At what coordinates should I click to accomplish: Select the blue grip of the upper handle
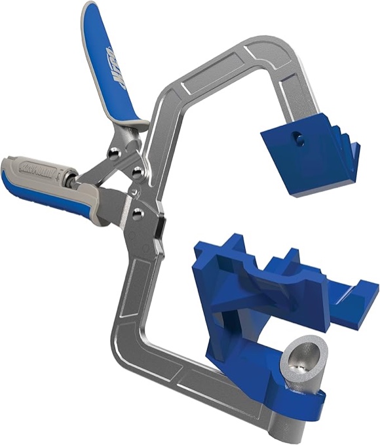[108, 66]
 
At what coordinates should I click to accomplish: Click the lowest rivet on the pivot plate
[138, 212]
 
